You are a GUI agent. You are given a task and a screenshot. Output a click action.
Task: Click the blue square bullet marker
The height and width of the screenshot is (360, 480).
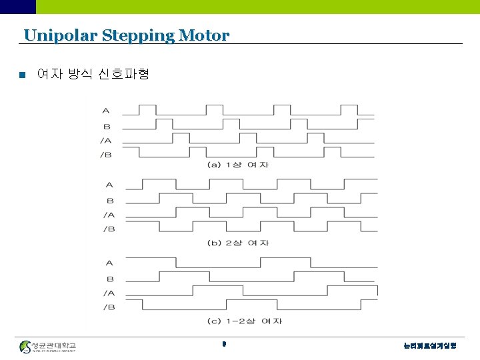click(x=23, y=75)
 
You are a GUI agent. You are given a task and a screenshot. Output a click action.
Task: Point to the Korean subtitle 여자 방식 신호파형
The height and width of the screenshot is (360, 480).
click(x=93, y=74)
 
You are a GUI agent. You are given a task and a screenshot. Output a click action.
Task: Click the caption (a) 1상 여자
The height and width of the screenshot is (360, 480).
click(x=237, y=165)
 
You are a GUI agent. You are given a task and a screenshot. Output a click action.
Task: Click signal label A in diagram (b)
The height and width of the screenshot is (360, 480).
click(x=109, y=185)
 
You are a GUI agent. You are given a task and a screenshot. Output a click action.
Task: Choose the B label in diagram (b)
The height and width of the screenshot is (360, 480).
click(x=110, y=200)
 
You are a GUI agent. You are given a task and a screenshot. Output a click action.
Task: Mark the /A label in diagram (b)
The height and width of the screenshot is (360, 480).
click(x=109, y=215)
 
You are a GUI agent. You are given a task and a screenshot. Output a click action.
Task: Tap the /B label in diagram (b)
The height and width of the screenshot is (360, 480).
click(x=109, y=229)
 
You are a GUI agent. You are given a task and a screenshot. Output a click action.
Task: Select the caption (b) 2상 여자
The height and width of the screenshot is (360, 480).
click(x=238, y=243)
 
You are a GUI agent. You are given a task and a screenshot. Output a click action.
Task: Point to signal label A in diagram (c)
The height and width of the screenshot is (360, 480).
click(x=110, y=263)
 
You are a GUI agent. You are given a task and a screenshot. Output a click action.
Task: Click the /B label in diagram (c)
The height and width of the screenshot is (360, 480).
click(x=109, y=307)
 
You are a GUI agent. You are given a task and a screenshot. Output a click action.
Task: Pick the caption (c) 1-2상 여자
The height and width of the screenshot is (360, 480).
click(x=245, y=321)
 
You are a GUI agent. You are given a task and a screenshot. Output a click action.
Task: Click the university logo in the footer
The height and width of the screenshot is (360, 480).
click(x=48, y=347)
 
